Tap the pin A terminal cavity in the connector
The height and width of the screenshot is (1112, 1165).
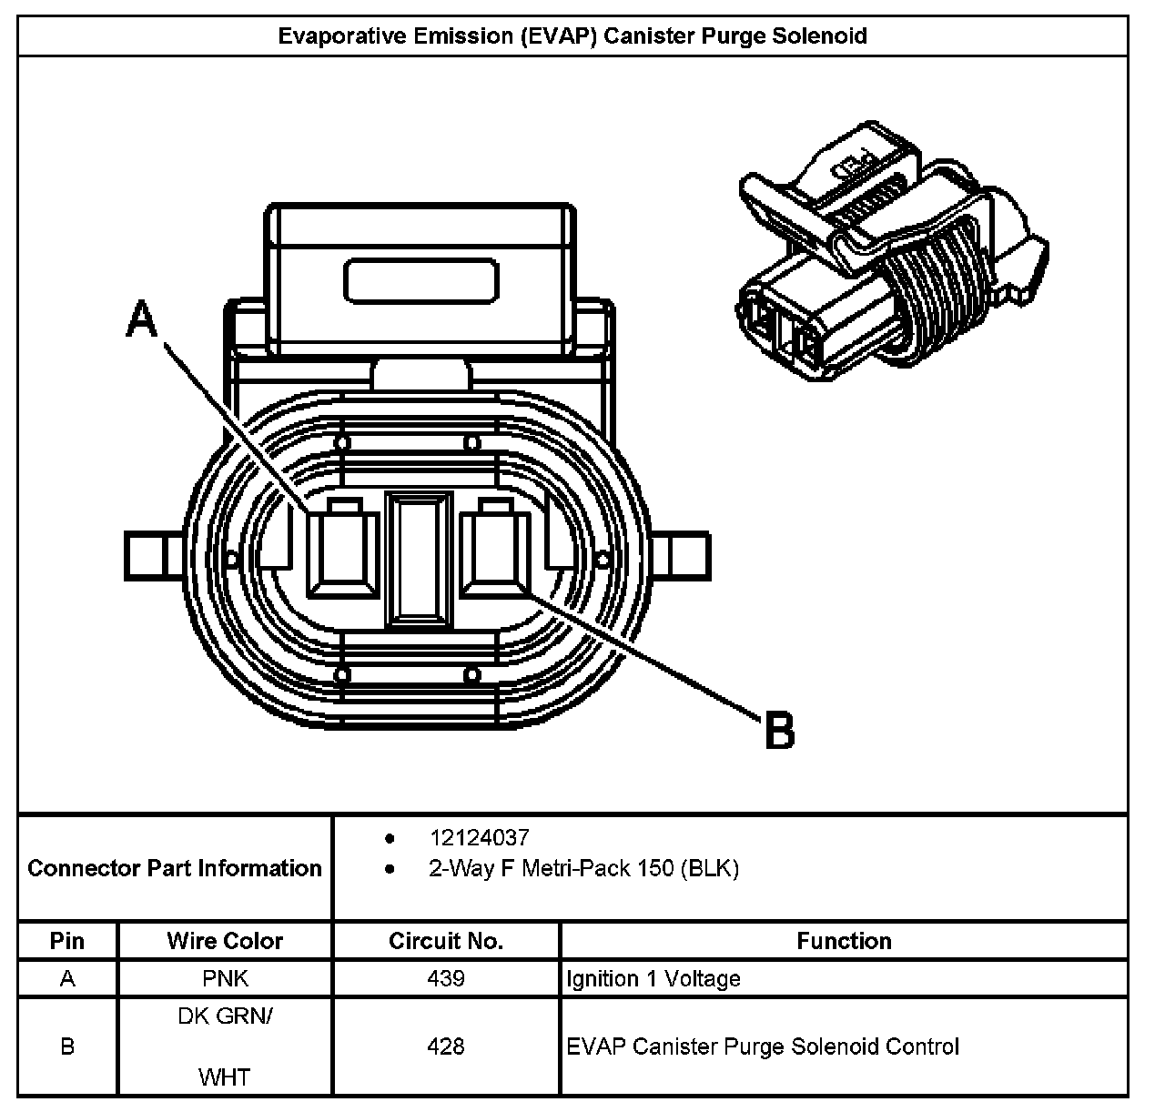click(342, 553)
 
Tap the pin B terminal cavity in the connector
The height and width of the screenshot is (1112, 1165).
click(495, 553)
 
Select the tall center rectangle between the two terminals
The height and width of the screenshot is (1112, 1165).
click(419, 561)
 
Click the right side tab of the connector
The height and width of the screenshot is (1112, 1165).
click(683, 555)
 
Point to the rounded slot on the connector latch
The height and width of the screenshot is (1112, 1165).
click(421, 280)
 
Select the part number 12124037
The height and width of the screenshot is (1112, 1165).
click(479, 838)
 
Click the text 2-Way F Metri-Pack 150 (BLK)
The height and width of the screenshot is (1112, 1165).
click(583, 869)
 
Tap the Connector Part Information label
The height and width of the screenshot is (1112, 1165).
click(175, 868)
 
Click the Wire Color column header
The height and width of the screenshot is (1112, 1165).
click(225, 941)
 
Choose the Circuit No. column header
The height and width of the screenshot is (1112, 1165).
click(446, 941)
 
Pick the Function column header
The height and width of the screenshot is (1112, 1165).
click(844, 941)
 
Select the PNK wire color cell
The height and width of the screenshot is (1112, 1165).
click(225, 979)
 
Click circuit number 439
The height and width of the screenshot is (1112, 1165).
click(446, 979)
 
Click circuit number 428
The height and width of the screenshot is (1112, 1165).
click(446, 1046)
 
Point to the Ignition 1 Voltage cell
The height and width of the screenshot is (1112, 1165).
click(653, 979)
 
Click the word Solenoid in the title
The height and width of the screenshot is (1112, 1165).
click(822, 36)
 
